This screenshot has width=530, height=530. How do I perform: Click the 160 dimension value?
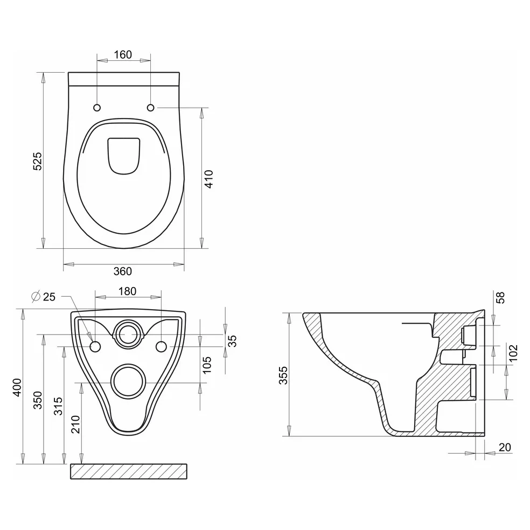(x=123, y=54)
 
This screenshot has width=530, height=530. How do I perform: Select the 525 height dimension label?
(x=37, y=161)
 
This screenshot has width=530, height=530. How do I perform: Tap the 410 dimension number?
(x=208, y=179)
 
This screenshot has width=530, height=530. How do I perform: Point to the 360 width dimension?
(x=123, y=271)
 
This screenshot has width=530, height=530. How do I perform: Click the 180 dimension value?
(x=128, y=291)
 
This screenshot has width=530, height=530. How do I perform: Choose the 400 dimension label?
(x=17, y=387)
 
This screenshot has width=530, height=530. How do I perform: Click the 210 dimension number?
(x=75, y=424)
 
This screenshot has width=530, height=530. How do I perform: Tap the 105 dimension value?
(x=206, y=365)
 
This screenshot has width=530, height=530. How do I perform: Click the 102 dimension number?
(x=513, y=353)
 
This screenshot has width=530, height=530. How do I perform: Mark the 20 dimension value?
(x=505, y=447)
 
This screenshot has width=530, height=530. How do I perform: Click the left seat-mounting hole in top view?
(x=97, y=108)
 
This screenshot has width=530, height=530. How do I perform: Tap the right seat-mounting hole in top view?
(x=151, y=108)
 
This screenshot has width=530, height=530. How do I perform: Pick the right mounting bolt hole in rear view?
(x=161, y=347)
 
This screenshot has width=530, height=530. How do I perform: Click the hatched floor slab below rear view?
(x=129, y=471)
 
